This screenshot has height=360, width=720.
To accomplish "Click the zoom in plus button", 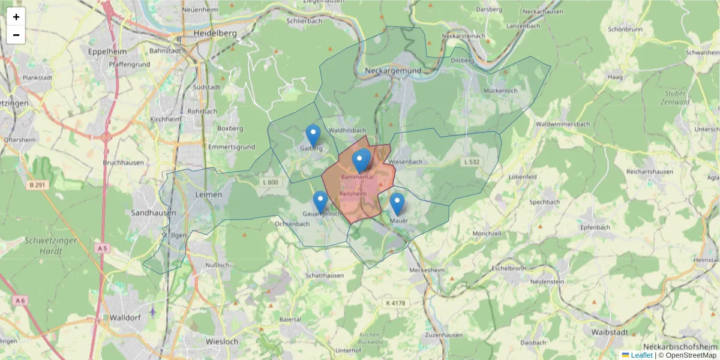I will [16, 17].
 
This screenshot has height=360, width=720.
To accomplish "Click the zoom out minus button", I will [16, 35].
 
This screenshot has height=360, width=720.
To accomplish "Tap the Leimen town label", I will [208, 195].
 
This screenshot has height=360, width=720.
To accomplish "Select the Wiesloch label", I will [222, 341].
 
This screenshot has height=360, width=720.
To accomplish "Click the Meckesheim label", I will [427, 271].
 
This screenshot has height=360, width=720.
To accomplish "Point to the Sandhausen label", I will [154, 212].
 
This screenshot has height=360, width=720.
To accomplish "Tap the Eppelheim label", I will [105, 52].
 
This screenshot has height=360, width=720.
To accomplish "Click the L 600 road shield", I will [271, 182].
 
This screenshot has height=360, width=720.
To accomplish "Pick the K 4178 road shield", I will [395, 304].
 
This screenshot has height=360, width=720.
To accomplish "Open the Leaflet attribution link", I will [641, 355].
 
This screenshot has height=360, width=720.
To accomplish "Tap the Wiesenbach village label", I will [406, 162].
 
